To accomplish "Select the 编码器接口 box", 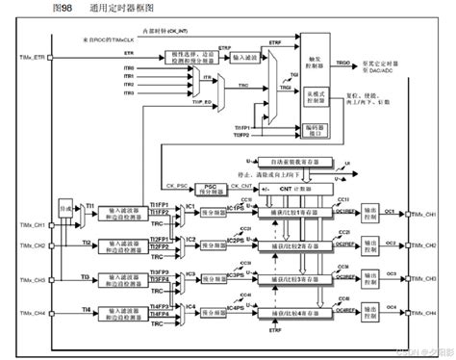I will point(317,128).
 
